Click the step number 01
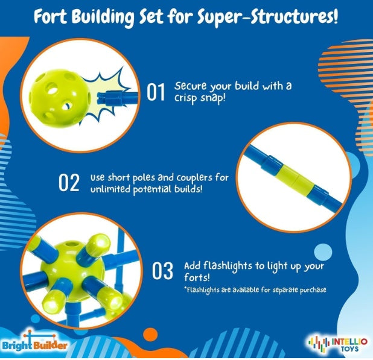[x=156, y=92]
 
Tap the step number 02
[x=69, y=183]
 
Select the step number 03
[x=162, y=271]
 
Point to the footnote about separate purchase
[x=255, y=290]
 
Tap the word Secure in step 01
[x=189, y=86]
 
